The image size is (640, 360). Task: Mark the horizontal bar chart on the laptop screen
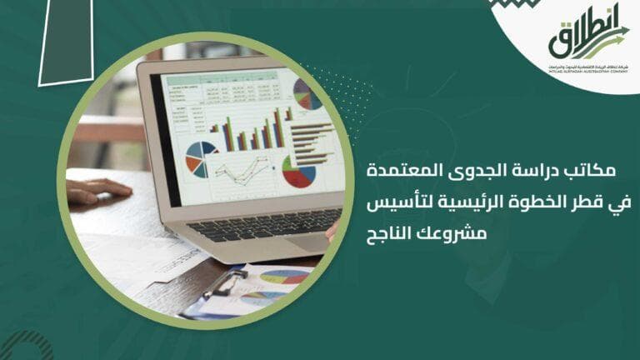(x=313, y=142)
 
